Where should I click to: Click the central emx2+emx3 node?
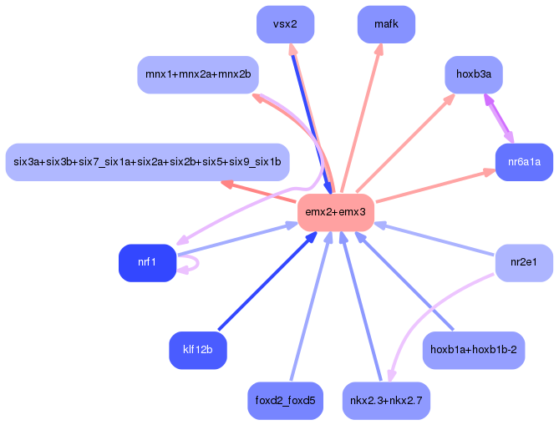[335, 212]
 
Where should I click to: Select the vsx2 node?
[285, 24]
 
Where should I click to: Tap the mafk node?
[386, 24]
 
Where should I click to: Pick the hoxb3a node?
[474, 74]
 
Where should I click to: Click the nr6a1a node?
[524, 162]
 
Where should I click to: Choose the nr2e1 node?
[524, 262]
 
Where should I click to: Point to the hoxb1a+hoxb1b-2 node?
[474, 350]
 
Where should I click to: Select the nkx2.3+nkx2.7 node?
[386, 401]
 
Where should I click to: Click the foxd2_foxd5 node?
[285, 401]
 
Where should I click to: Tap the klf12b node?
[198, 350]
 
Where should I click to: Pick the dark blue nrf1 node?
[147, 262]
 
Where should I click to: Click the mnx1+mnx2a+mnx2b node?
[198, 74]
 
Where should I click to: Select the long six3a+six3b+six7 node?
[147, 162]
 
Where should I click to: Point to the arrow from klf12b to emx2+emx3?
[267, 281]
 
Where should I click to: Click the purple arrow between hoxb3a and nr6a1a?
[498, 119]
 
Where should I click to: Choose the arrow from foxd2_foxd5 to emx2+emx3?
[311, 306]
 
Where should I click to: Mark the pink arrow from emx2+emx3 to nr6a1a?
[435, 186]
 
